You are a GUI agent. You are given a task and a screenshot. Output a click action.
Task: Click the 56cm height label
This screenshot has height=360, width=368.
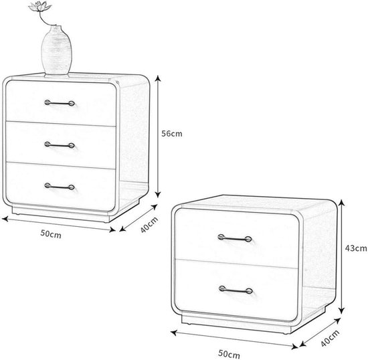[171, 134]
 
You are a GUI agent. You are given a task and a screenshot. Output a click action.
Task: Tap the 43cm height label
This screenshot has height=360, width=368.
[356, 248]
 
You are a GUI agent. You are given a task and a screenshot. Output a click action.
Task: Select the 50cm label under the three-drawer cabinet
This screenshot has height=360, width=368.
[51, 234]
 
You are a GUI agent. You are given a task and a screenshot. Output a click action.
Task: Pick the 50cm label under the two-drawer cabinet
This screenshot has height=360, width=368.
[229, 354]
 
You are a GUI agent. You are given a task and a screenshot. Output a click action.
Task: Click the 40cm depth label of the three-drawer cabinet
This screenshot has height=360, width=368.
[149, 225]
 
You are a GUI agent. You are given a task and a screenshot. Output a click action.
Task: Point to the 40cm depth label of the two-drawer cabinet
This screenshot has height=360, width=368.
[330, 338]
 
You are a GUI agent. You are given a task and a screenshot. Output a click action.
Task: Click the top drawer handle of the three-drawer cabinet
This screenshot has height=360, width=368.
[60, 103]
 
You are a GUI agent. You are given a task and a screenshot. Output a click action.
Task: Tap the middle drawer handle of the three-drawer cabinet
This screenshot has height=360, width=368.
[60, 145]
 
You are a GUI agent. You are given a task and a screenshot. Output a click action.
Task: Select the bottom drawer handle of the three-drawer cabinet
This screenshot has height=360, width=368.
[60, 187]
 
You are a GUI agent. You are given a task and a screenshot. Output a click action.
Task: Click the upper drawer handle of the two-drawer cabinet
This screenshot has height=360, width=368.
[235, 238]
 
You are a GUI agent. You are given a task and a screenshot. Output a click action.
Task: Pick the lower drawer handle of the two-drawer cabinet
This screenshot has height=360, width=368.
[236, 290]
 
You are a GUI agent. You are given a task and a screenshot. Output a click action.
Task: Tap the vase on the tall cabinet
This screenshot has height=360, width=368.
[57, 50]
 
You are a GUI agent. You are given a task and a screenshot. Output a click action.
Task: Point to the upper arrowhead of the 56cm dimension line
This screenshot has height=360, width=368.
[159, 78]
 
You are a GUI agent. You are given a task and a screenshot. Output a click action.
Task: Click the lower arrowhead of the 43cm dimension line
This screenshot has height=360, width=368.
[342, 310]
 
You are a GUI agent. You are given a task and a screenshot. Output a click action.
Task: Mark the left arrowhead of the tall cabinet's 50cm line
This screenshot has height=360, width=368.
[5, 219]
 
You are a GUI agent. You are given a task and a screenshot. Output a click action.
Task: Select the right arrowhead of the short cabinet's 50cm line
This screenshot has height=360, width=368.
[294, 347]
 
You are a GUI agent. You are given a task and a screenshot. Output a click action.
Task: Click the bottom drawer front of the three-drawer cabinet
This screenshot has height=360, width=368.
[60, 187]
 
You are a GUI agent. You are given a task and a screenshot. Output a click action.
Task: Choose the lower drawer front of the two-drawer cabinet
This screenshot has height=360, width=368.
[237, 290]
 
